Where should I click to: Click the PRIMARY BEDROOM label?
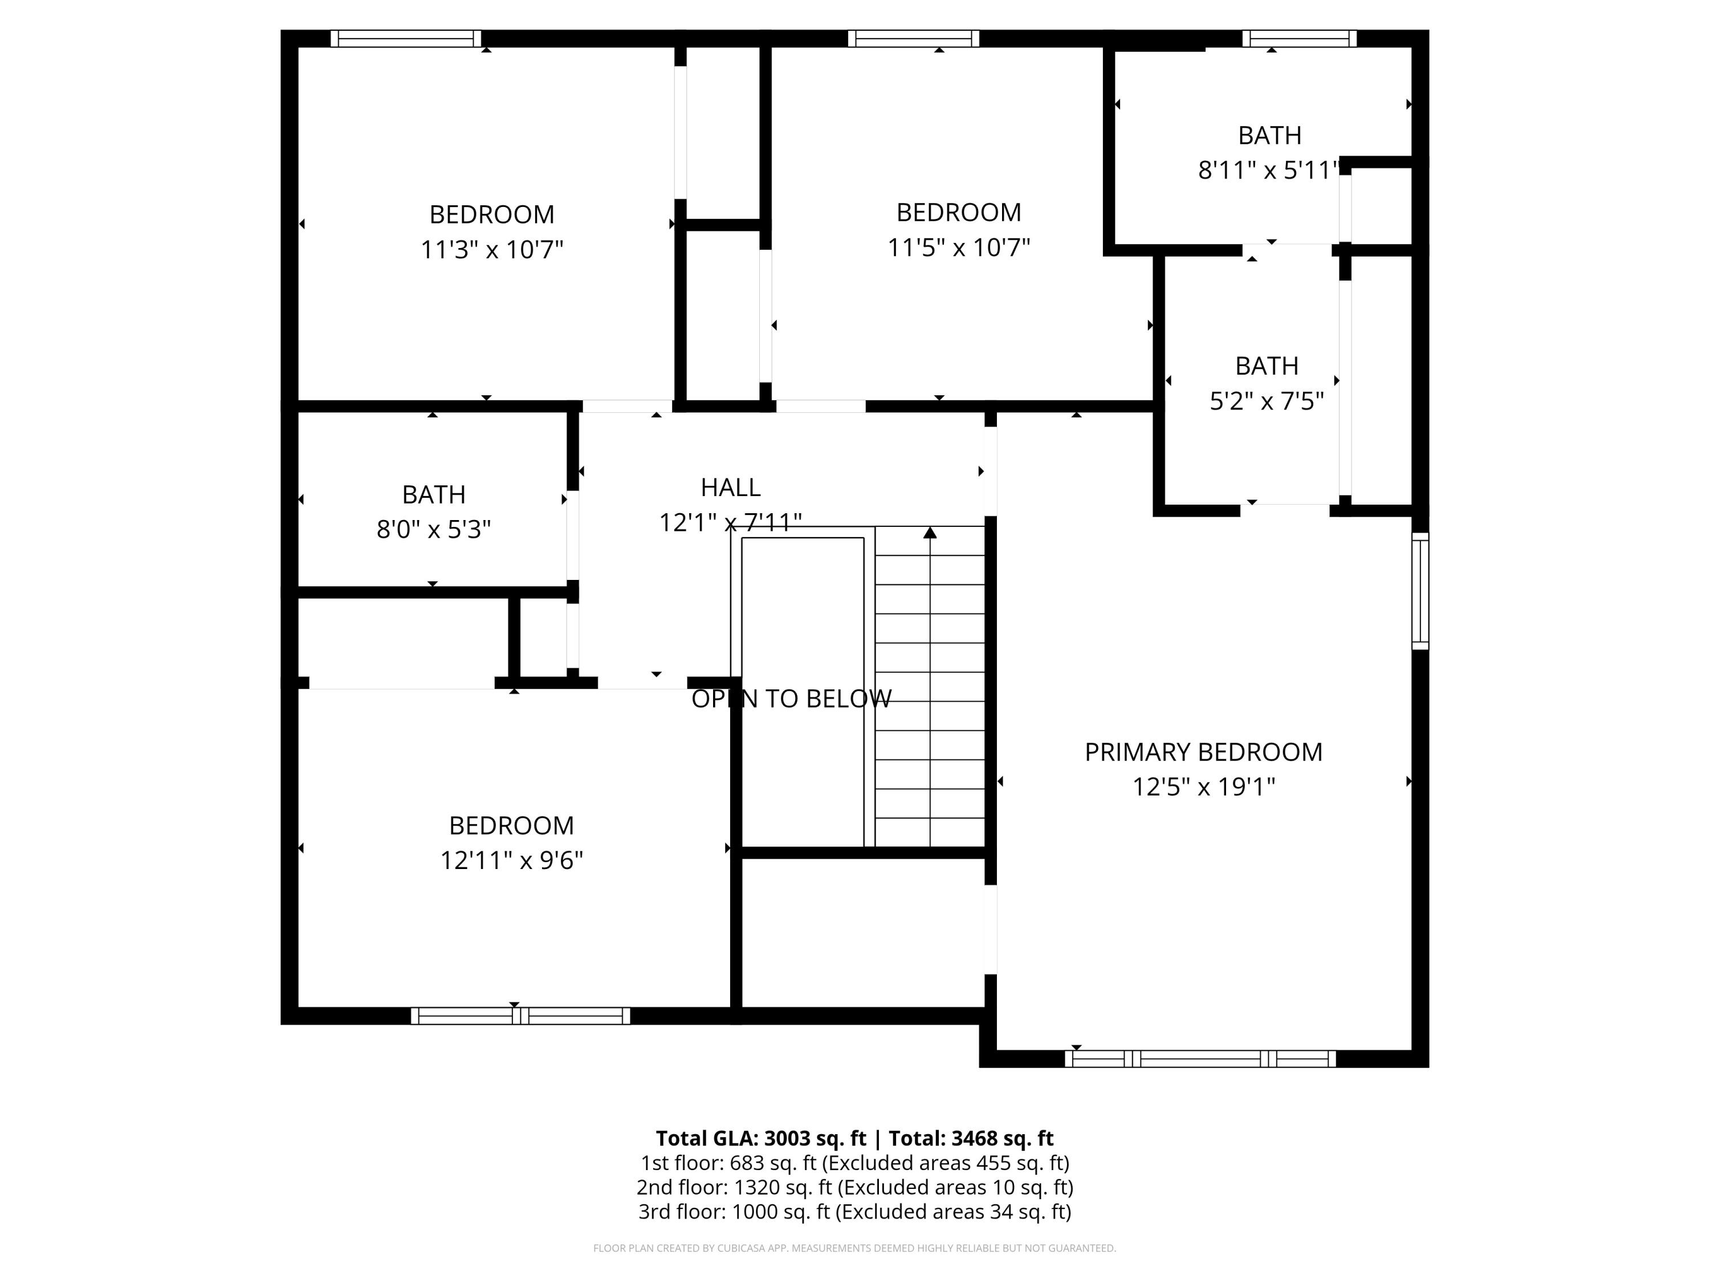pyautogui.click(x=1203, y=752)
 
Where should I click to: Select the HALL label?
pyautogui.click(x=731, y=487)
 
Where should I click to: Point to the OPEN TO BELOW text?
pyautogui.click(x=791, y=699)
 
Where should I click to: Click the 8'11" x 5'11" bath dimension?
pyautogui.click(x=1267, y=170)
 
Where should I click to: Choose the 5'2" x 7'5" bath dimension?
pyautogui.click(x=1267, y=401)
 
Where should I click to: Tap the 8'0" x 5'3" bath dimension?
pyautogui.click(x=434, y=530)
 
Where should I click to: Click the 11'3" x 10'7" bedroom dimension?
pyautogui.click(x=492, y=250)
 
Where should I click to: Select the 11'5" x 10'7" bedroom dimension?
pyautogui.click(x=959, y=247)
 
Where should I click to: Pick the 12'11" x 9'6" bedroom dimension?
pyautogui.click(x=511, y=860)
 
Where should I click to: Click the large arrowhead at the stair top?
pyautogui.click(x=930, y=533)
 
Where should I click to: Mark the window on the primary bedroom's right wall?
pyautogui.click(x=1420, y=591)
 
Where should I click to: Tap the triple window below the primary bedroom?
pyautogui.click(x=1200, y=1059)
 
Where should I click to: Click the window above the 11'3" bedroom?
pyautogui.click(x=406, y=39)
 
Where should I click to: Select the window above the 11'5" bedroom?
pyautogui.click(x=913, y=39)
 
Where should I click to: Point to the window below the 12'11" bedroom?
pyautogui.click(x=520, y=1016)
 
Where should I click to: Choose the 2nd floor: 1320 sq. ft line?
pyautogui.click(x=854, y=1187)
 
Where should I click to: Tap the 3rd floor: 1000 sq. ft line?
pyautogui.click(x=854, y=1212)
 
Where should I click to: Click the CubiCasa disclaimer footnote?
pyautogui.click(x=854, y=1248)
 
